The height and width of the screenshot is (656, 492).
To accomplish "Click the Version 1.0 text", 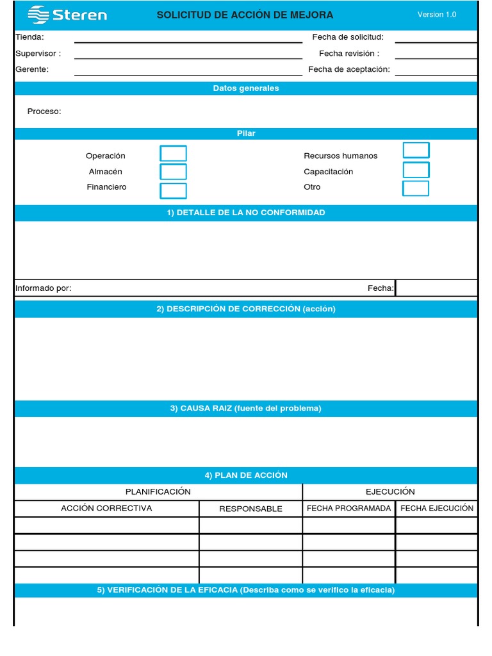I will click(436, 15).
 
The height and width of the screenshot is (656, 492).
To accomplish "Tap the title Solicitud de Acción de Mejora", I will click(245, 15).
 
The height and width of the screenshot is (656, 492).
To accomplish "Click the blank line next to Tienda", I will click(188, 38).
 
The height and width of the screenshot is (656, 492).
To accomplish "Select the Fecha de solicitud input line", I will click(436, 38).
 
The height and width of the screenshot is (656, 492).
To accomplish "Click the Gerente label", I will click(32, 69).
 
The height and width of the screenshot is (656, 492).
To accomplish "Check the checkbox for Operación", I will click(173, 154).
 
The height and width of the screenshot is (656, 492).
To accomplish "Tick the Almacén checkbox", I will click(173, 172).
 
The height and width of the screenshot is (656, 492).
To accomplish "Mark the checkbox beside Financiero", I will click(173, 191).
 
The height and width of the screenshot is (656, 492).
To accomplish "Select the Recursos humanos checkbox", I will click(416, 151).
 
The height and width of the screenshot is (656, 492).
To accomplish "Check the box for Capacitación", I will click(416, 170).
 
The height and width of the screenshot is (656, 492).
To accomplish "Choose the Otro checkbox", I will click(416, 188).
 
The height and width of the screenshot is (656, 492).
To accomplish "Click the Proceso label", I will click(44, 111).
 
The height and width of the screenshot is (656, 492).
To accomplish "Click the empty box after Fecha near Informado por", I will click(436, 288).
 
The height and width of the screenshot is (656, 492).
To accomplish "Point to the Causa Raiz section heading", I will click(246, 409).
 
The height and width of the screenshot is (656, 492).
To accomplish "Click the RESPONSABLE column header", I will click(250, 509).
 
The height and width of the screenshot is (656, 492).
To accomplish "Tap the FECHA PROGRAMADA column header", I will click(348, 508).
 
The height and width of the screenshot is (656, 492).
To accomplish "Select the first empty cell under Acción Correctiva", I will click(106, 525).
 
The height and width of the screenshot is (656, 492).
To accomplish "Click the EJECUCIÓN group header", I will click(390, 492).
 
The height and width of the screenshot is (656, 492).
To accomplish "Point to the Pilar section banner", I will click(246, 133).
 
